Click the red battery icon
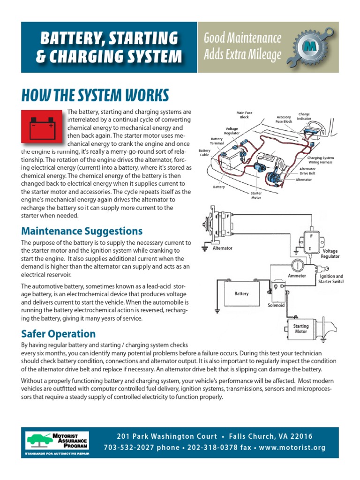pos(41,127)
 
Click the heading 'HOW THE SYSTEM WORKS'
pos(95,96)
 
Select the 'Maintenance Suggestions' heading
pos(82,231)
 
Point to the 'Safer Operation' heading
pos(58,334)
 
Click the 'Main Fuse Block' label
pos(245,115)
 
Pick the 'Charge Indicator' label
pos(304,116)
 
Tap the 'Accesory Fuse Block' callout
pos(284,119)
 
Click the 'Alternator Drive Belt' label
pos(307,171)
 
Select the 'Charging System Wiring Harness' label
pos(321,160)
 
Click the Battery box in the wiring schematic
pos(242,294)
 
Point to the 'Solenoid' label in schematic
pos(276,305)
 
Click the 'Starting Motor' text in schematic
pos(301,329)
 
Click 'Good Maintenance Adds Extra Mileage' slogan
pos(242,46)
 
